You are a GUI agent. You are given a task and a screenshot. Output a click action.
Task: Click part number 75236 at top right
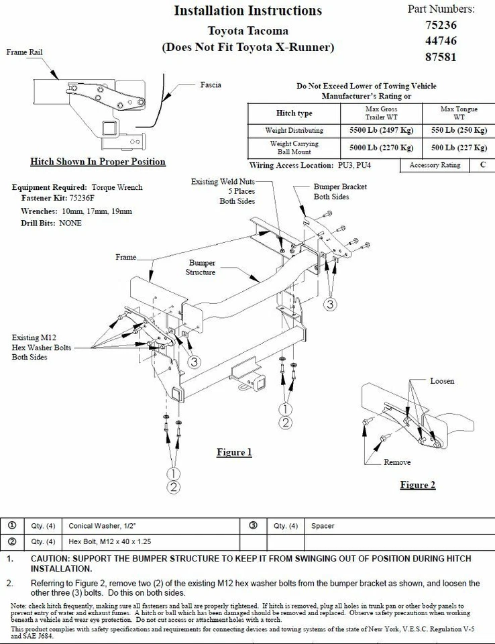coord(441,25)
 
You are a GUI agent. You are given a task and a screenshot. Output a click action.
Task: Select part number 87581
coord(441,57)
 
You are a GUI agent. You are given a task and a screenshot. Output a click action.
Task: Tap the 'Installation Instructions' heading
coord(248,11)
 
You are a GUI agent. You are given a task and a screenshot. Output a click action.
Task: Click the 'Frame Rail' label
coord(25,52)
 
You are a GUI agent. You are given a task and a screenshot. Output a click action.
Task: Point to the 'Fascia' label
coord(211,85)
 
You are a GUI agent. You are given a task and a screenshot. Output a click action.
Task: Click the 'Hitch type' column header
coord(294,113)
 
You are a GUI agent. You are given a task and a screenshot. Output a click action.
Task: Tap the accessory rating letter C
coord(482,165)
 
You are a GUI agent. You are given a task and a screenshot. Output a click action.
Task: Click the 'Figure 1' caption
coord(234,452)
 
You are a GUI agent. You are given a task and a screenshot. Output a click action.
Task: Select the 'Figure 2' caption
coord(417,484)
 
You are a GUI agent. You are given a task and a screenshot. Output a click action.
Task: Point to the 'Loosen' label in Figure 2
coord(442,381)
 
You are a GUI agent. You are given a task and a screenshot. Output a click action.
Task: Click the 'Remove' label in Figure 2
coord(397,462)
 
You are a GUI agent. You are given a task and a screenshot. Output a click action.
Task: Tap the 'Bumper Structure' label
coord(202,268)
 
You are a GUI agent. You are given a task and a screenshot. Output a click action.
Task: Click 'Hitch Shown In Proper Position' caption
coord(98,162)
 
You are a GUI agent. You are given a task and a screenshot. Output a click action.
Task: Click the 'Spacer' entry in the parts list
coord(323,526)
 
